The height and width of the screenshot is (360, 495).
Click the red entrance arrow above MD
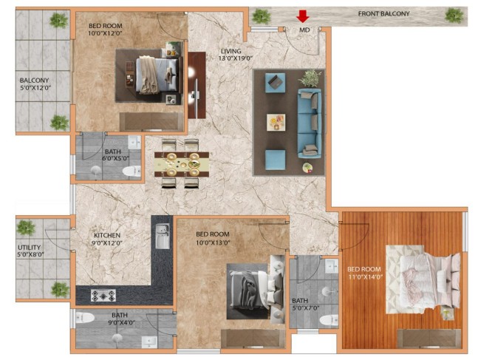tap(303, 16)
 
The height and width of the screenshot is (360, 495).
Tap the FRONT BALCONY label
tap(383, 14)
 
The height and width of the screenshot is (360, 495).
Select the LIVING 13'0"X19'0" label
tap(236, 54)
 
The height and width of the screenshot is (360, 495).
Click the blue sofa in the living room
tap(310, 123)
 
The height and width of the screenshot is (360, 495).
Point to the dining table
tap(182, 164)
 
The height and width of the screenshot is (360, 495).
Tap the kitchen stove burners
tap(103, 296)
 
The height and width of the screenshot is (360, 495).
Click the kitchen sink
tap(163, 236)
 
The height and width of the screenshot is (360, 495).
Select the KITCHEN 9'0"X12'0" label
tap(108, 239)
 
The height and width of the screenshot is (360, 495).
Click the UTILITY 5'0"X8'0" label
tap(30, 251)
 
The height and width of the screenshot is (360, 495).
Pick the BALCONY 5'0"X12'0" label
tap(35, 84)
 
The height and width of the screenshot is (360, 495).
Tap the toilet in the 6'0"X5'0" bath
tap(132, 171)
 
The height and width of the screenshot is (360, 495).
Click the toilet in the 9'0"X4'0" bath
tap(85, 318)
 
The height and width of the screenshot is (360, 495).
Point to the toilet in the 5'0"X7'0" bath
tap(329, 321)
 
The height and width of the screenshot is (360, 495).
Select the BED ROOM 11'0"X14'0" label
tap(365, 274)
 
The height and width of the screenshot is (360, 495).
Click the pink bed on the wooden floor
tap(429, 279)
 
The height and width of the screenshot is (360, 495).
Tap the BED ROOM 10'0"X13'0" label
tap(213, 238)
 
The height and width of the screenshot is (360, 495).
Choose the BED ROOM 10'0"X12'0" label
tap(105, 30)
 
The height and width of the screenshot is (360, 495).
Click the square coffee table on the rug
tap(276, 122)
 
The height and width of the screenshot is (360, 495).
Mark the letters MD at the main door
tap(304, 30)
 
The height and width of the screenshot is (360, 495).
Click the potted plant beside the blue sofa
tap(310, 78)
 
